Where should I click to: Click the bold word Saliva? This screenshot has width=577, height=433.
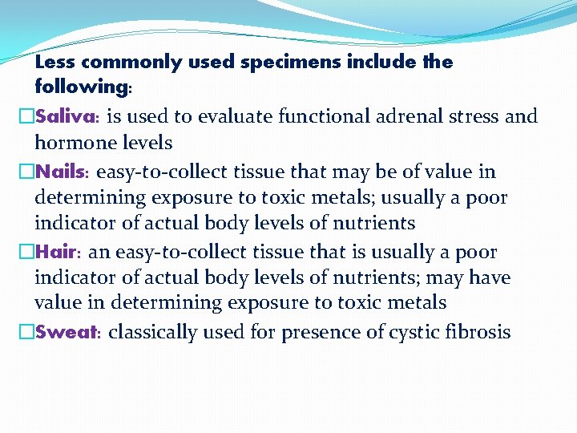(66, 117)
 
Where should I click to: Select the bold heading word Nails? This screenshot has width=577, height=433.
(63, 172)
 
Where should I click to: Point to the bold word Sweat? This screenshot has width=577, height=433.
(67, 333)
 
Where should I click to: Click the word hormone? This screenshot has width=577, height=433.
(71, 143)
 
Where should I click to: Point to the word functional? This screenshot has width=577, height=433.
(324, 117)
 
